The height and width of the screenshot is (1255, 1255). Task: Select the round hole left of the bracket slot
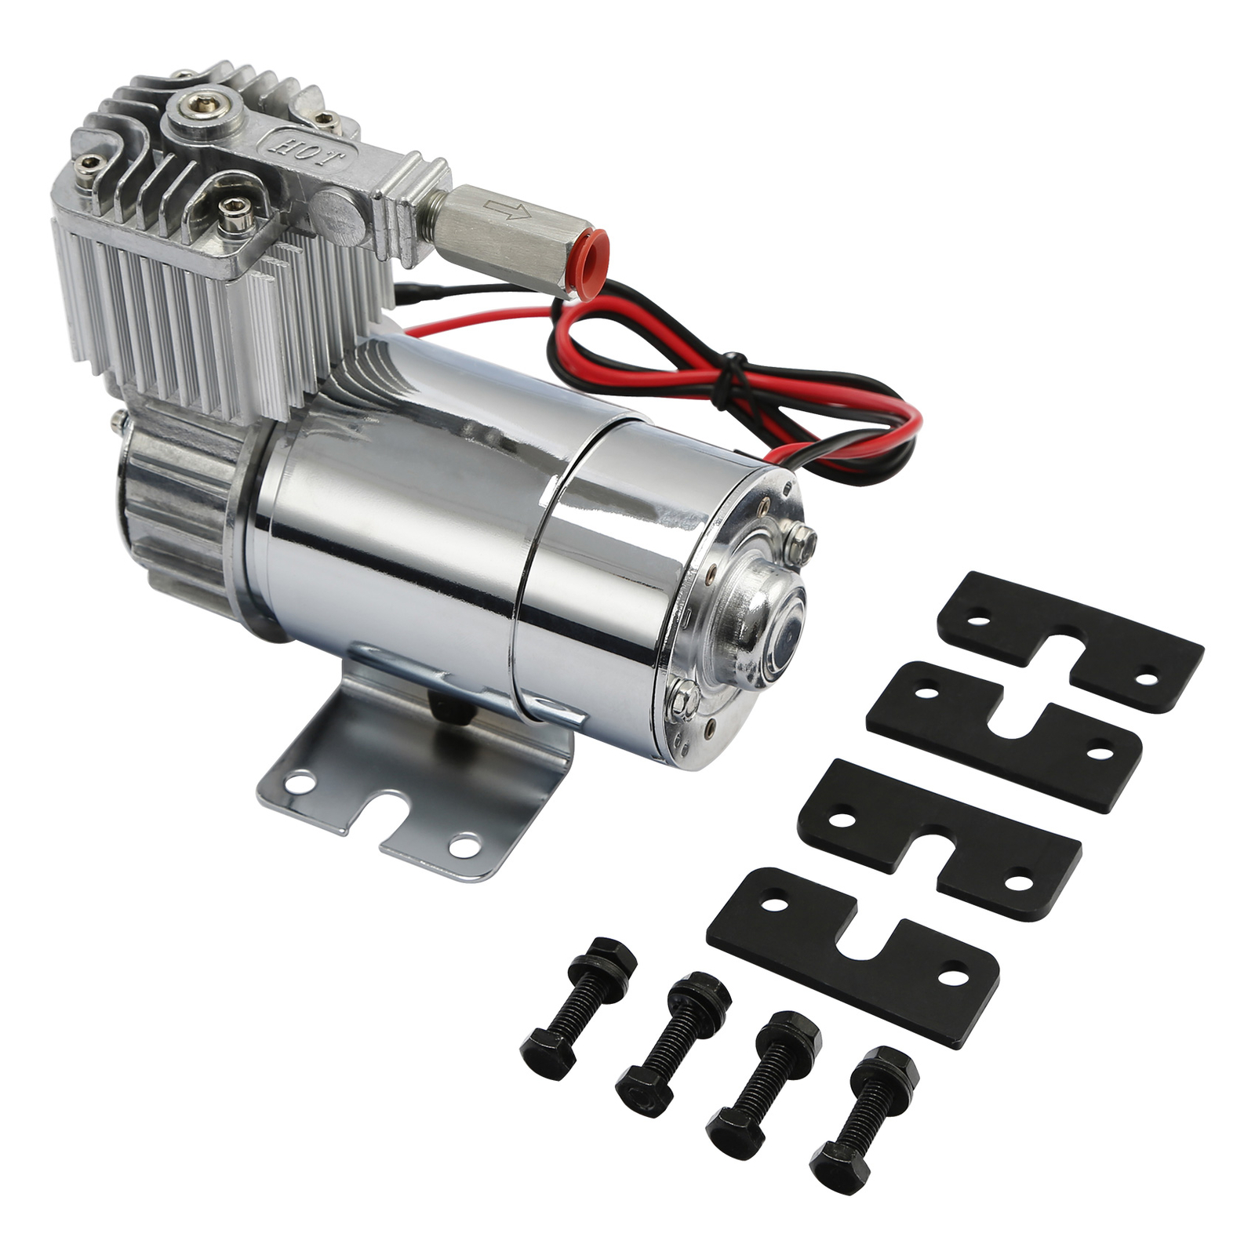[x=298, y=780]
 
